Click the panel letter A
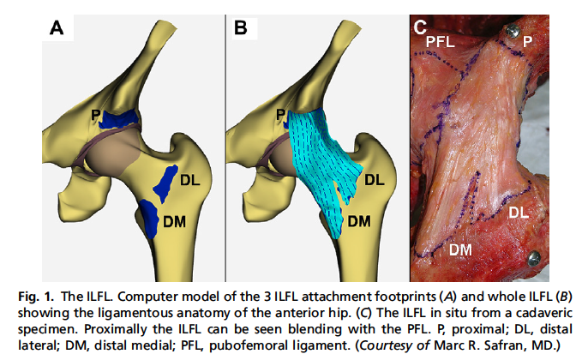click(57, 28)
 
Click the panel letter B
click(241, 28)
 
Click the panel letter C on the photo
click(420, 27)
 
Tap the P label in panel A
click(98, 114)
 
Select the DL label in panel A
click(190, 180)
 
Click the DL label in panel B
click(375, 180)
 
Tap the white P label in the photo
click(528, 40)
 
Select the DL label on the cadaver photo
click(520, 211)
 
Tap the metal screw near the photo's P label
click(512, 31)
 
